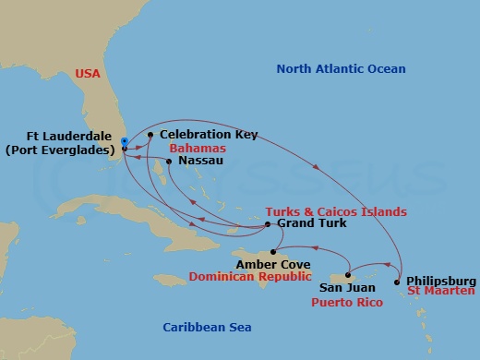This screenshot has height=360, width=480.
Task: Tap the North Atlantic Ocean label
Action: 342,69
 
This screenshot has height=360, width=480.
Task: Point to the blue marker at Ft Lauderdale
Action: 125,141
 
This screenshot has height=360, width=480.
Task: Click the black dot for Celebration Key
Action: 150,135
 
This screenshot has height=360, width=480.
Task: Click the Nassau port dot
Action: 168,161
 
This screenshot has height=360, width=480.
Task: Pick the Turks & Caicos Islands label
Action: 335,211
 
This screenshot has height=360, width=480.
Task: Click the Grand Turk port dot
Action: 268,224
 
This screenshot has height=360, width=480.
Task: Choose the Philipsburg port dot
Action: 398,281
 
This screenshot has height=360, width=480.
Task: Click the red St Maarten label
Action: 441,292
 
